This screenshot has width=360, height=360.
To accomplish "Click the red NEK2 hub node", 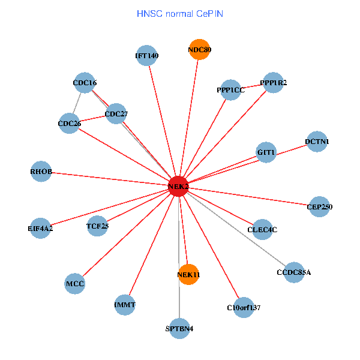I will click(x=179, y=187).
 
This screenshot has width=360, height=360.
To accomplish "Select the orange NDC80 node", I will click(x=199, y=50).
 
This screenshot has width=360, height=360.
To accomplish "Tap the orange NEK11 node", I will click(x=188, y=274).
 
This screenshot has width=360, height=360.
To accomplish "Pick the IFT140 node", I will click(x=146, y=56).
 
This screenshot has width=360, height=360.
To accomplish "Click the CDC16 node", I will click(x=85, y=83).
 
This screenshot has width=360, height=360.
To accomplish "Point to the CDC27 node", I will click(x=116, y=113).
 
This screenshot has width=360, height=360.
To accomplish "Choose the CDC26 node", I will click(x=69, y=124).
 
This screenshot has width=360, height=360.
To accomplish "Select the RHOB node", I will click(x=41, y=172).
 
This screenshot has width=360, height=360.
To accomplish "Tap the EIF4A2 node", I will click(x=40, y=228).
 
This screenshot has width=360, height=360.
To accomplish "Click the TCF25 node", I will click(x=97, y=226).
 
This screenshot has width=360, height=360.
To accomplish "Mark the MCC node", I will click(x=75, y=283).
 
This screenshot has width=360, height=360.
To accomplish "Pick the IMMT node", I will click(x=125, y=305).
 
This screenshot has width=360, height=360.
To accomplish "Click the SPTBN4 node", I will click(x=179, y=328).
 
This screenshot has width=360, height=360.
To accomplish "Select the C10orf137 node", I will click(x=244, y=307).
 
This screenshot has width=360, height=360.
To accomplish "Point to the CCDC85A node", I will click(x=294, y=272).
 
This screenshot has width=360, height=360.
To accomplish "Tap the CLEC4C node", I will click(x=262, y=229).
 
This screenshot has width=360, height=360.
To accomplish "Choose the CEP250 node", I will click(x=319, y=207).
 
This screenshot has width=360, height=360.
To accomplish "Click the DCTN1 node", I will click(x=317, y=142).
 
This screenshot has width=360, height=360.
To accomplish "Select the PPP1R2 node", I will click(x=273, y=82).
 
